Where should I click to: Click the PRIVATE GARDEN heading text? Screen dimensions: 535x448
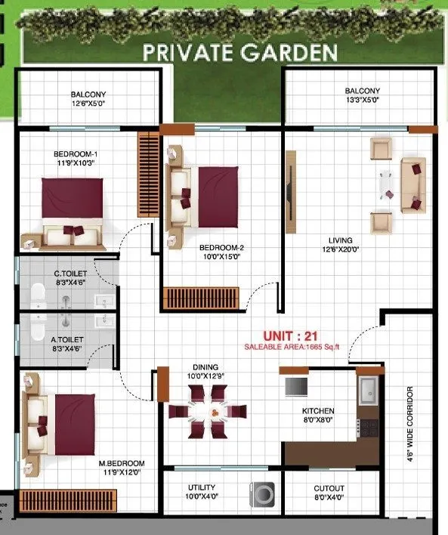point(239,52)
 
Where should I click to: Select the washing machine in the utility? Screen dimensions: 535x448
point(261,494)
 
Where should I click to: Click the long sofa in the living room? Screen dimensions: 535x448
point(412,184)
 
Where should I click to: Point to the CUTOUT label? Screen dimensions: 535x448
point(329,488)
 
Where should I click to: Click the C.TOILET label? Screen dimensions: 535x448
point(68,273)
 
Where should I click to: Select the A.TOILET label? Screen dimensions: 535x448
point(67,341)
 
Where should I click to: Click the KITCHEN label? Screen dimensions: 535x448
point(318,411)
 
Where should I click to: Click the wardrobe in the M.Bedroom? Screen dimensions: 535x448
point(69,499)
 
